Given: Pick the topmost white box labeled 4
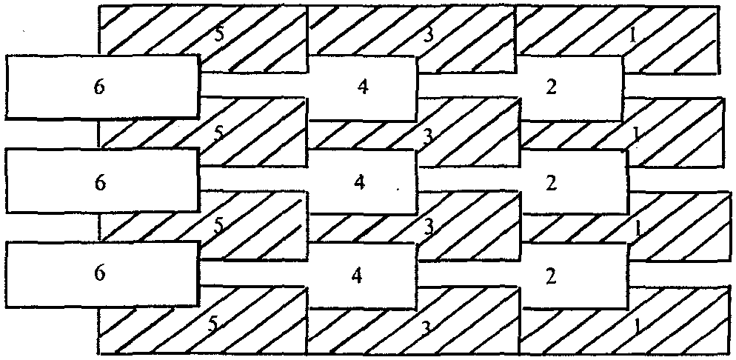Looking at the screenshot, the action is click(x=362, y=87).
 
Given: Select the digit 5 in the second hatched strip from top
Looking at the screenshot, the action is click(x=218, y=133).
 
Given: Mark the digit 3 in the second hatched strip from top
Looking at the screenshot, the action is click(x=427, y=135).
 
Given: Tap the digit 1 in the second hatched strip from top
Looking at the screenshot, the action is click(x=637, y=133).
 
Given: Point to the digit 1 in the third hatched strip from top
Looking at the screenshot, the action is click(x=637, y=228).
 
